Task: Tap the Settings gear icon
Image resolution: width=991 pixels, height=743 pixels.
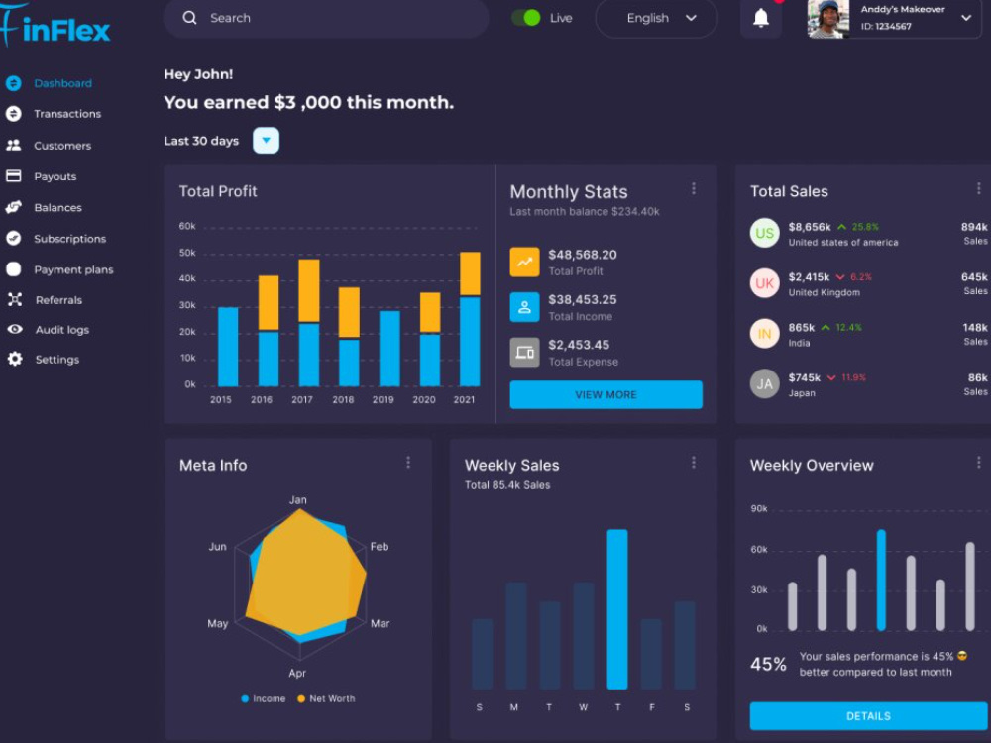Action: tap(15, 359)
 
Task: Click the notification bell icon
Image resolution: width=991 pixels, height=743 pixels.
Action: tap(761, 18)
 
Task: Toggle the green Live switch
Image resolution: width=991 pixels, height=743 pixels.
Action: tap(526, 18)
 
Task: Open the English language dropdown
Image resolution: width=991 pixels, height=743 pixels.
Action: tap(657, 18)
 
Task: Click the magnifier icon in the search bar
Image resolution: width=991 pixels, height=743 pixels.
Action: tap(189, 18)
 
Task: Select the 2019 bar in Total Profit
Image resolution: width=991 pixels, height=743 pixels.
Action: tap(389, 348)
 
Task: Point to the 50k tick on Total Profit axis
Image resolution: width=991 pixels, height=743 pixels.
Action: tap(187, 253)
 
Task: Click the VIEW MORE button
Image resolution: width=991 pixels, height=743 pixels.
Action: tap(606, 395)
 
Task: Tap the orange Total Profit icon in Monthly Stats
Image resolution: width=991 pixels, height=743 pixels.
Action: tap(524, 263)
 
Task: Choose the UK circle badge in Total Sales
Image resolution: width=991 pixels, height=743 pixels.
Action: tap(765, 283)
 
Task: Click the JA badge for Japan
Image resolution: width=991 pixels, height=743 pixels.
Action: tap(765, 383)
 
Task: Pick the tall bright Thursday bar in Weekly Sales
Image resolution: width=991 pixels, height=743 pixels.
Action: tap(617, 609)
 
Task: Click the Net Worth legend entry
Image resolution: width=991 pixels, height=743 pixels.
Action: tap(326, 698)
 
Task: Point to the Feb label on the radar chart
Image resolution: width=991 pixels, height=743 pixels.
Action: tap(380, 547)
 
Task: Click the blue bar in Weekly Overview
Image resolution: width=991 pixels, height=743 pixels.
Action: tap(881, 580)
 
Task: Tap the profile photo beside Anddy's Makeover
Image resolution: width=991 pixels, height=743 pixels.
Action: tap(827, 19)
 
